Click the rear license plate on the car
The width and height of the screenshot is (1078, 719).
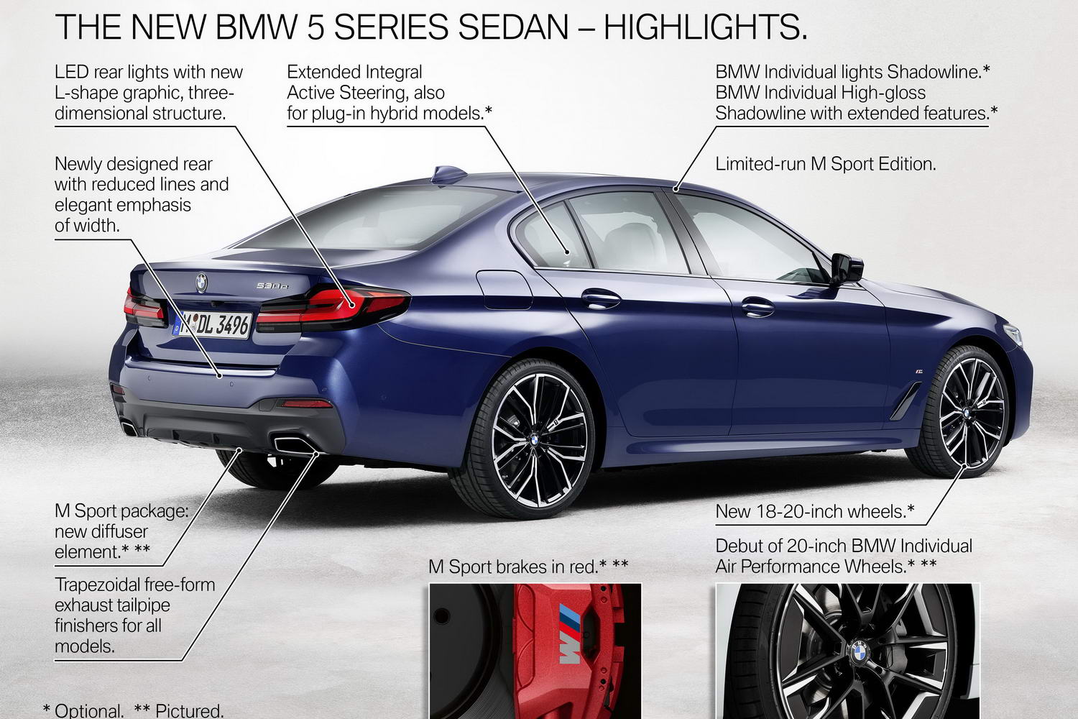(x=212, y=325)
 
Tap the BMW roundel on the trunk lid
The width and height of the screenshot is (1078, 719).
(x=202, y=283)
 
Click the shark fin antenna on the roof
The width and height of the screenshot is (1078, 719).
(x=448, y=174)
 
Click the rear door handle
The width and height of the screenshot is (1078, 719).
(x=601, y=298)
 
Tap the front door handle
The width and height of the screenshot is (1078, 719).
(x=757, y=307)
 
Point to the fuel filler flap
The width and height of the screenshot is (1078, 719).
(x=505, y=290)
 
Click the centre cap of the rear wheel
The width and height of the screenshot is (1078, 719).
(x=534, y=439)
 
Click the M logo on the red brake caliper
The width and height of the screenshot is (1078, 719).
(x=570, y=634)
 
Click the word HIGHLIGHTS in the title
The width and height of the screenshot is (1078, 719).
(x=705, y=27)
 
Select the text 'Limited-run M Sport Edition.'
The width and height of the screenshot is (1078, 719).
(x=825, y=164)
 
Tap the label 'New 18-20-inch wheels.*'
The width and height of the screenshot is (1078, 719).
(x=815, y=511)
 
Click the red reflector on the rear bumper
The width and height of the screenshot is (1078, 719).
(x=307, y=403)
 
